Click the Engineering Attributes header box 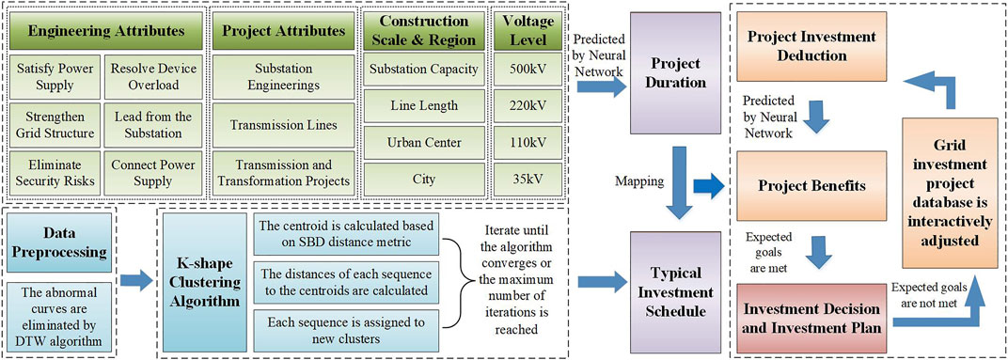[105, 30]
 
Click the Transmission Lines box [284, 125]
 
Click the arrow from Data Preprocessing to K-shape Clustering [136, 278]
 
